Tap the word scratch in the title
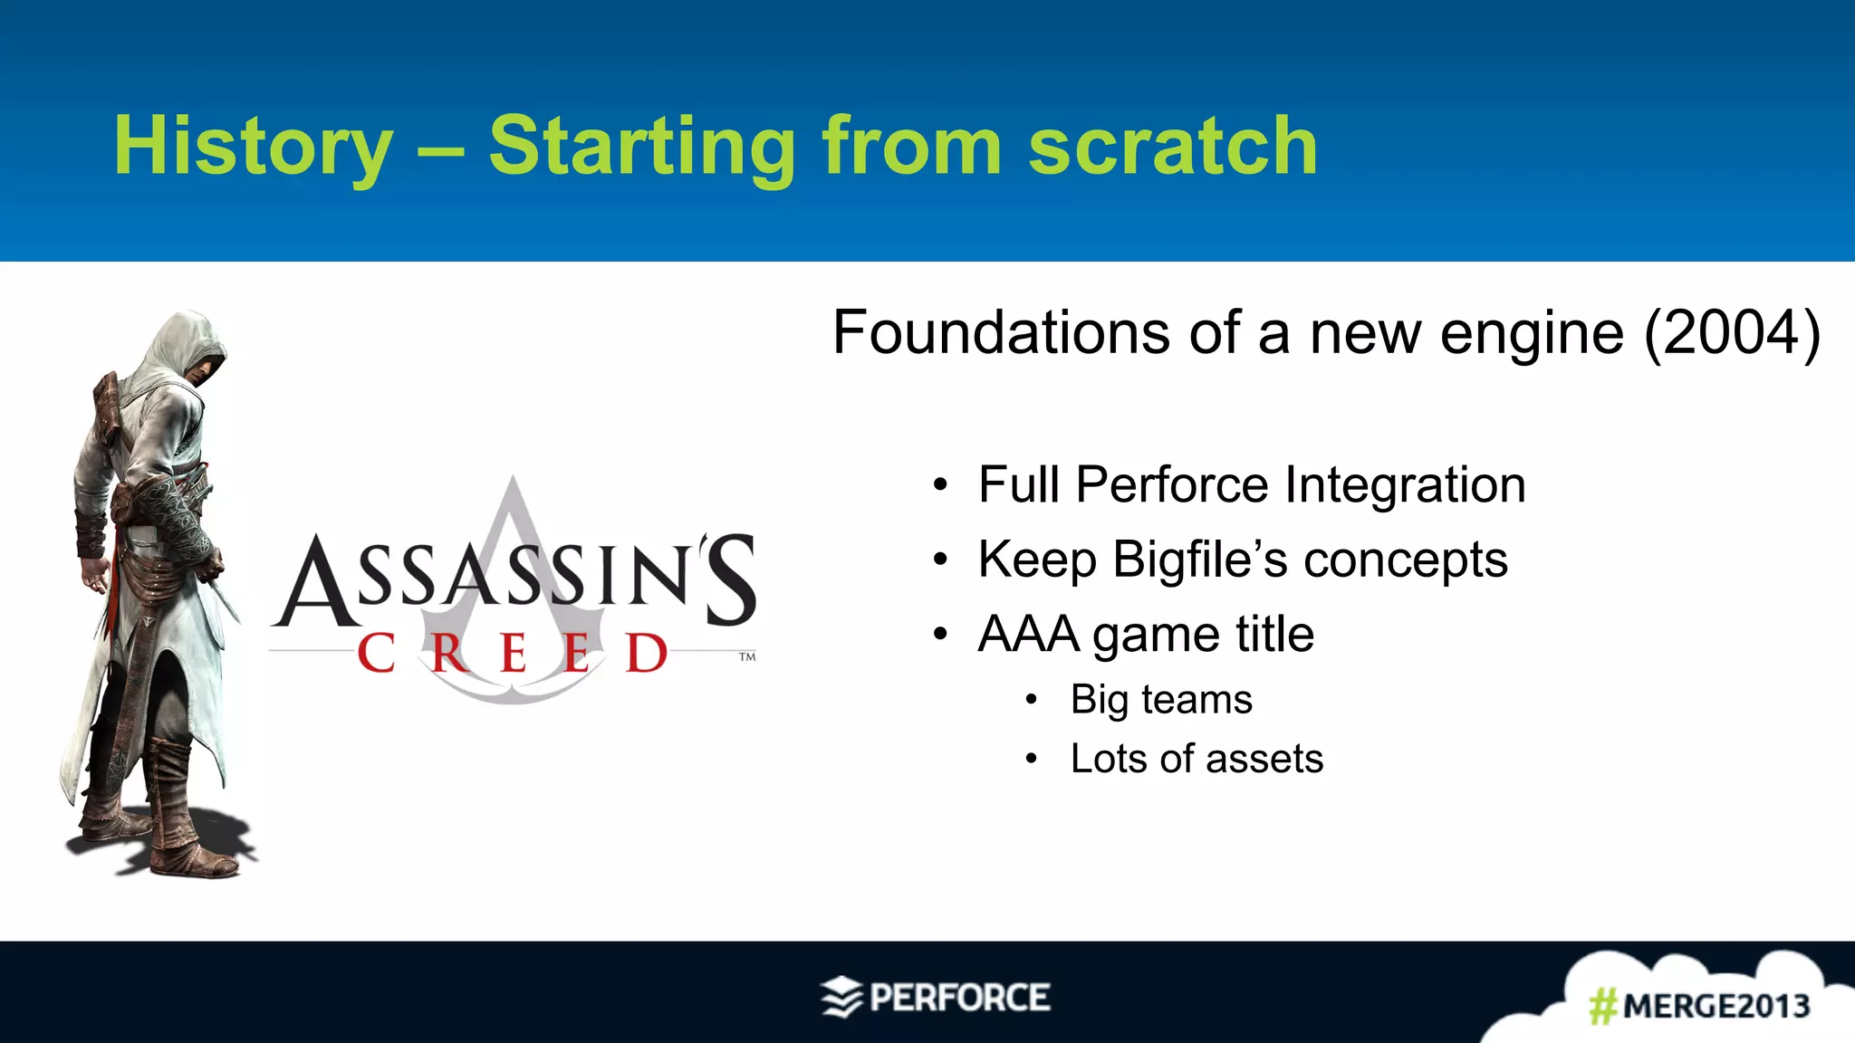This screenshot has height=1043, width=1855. tap(1173, 148)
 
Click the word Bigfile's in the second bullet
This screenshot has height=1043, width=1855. tap(1200, 560)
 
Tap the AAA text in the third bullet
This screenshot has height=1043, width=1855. tap(1029, 634)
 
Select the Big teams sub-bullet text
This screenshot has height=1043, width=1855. tap(1161, 700)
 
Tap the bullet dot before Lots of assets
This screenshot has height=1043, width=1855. tap(1031, 760)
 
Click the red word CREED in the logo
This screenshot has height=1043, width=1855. tap(513, 654)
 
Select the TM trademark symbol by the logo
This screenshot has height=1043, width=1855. tap(747, 656)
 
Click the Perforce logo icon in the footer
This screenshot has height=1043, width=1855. tap(841, 998)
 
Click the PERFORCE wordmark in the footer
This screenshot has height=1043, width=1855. tap(960, 998)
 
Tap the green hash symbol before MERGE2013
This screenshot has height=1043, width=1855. tap(1603, 1006)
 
